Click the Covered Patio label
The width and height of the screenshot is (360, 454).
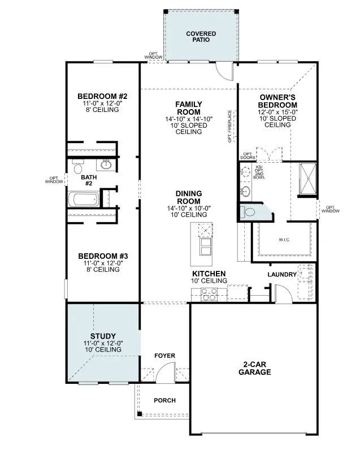tap(201, 37)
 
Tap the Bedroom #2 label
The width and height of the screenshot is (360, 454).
tap(102, 96)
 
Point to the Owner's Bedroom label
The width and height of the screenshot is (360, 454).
tap(277, 101)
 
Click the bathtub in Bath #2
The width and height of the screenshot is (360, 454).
tap(83, 200)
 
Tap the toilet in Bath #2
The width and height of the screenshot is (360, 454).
tap(79, 168)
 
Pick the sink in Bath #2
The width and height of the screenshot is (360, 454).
tap(106, 165)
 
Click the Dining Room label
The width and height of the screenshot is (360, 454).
tap(188, 197)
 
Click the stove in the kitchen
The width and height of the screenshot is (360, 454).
tap(209, 293)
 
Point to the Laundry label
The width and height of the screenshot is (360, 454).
tap(283, 275)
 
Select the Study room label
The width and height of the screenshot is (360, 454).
tap(102, 336)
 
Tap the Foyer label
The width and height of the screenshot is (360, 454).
tap(165, 356)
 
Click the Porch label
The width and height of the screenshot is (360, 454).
tap(164, 400)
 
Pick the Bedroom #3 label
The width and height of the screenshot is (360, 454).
tap(102, 255)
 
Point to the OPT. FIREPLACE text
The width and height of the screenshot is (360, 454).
tap(230, 126)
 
